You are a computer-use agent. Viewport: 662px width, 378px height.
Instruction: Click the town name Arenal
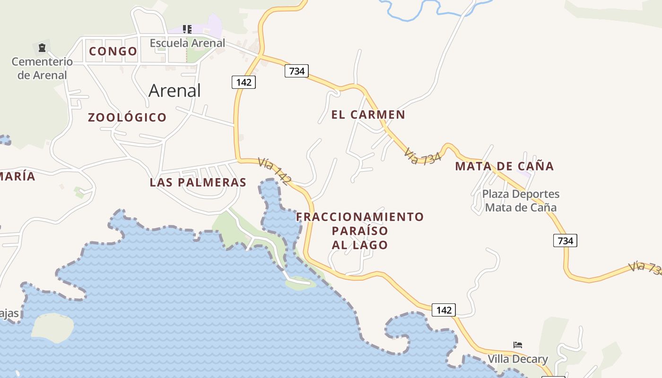pos(174,90)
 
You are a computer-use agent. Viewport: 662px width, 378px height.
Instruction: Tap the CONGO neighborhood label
pos(113,51)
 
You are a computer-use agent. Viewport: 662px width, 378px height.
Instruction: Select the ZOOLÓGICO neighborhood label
pos(127,117)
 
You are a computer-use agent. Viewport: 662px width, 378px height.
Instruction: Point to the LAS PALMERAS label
pos(198,182)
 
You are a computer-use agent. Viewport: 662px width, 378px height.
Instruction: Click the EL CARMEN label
pos(368,114)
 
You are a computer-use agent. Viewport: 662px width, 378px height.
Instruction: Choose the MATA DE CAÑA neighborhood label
pos(504,166)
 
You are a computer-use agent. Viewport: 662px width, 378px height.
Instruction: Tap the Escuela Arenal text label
pos(187,43)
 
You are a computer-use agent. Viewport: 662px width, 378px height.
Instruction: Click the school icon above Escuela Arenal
pos(187,29)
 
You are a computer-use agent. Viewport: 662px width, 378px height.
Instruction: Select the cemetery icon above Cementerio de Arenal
pos(42,47)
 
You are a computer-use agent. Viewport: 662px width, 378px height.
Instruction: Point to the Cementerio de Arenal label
pos(42,68)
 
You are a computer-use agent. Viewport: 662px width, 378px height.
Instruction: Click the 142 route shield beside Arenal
pos(244,82)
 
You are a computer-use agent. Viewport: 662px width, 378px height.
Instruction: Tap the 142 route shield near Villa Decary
pos(444,310)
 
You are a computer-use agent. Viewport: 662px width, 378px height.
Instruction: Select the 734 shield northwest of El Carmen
pos(296,71)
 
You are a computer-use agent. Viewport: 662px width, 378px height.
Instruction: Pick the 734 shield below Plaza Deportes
pos(565,241)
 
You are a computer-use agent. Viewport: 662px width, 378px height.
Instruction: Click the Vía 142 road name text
pos(275,171)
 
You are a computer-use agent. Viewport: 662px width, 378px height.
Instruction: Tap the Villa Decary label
pos(518,359)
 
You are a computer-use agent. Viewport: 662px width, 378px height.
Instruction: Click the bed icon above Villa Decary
pos(518,345)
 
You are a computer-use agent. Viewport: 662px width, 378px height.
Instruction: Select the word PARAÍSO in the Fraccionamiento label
pos(360,231)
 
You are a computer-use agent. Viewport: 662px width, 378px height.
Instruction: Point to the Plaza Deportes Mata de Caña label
pos(521,201)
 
